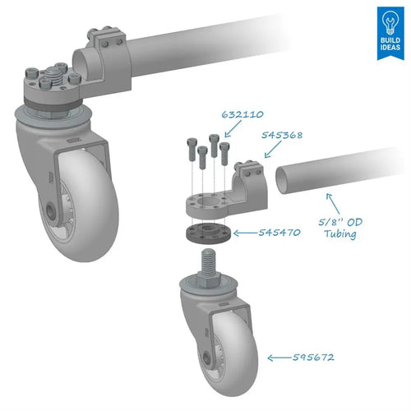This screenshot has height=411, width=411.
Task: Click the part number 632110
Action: click(x=242, y=114)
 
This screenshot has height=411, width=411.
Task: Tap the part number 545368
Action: click(x=282, y=135)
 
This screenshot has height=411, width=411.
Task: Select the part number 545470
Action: click(x=279, y=233)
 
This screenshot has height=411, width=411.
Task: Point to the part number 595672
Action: click(x=313, y=358)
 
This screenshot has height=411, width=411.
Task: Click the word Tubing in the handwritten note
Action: click(x=340, y=234)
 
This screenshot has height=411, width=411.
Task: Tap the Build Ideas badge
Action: click(x=390, y=33)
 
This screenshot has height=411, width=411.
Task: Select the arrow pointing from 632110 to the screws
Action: click(x=233, y=129)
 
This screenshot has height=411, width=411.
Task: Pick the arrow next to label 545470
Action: click(x=246, y=233)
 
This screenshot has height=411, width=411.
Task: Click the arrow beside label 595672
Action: click(x=279, y=358)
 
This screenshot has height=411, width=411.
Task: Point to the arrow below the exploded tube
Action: click(x=333, y=203)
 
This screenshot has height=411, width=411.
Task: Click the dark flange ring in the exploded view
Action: click(x=208, y=233)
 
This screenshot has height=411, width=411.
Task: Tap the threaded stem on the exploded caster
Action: click(x=209, y=261)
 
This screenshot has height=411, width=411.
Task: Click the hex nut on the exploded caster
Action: click(x=208, y=281)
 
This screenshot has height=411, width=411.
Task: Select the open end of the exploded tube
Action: click(x=281, y=180)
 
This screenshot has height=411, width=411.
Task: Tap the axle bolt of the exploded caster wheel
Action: click(x=207, y=358)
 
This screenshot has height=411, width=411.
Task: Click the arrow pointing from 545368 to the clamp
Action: click(x=273, y=150)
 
